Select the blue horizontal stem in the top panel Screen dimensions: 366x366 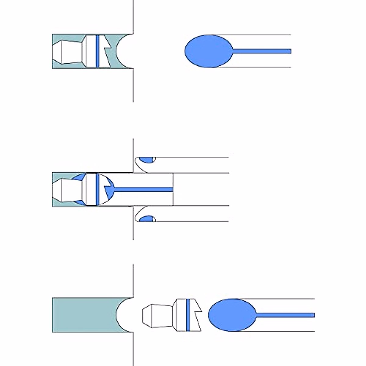pos(262,51)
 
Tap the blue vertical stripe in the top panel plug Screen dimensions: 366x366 pos(97,51)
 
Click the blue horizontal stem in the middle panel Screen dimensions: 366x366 pos(143,189)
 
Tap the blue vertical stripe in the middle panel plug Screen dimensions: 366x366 pos(97,189)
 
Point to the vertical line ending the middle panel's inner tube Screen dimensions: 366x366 pos(173,189)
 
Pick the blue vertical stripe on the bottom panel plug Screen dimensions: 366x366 pos(188,315)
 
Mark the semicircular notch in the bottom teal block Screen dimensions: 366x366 pos(124,315)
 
